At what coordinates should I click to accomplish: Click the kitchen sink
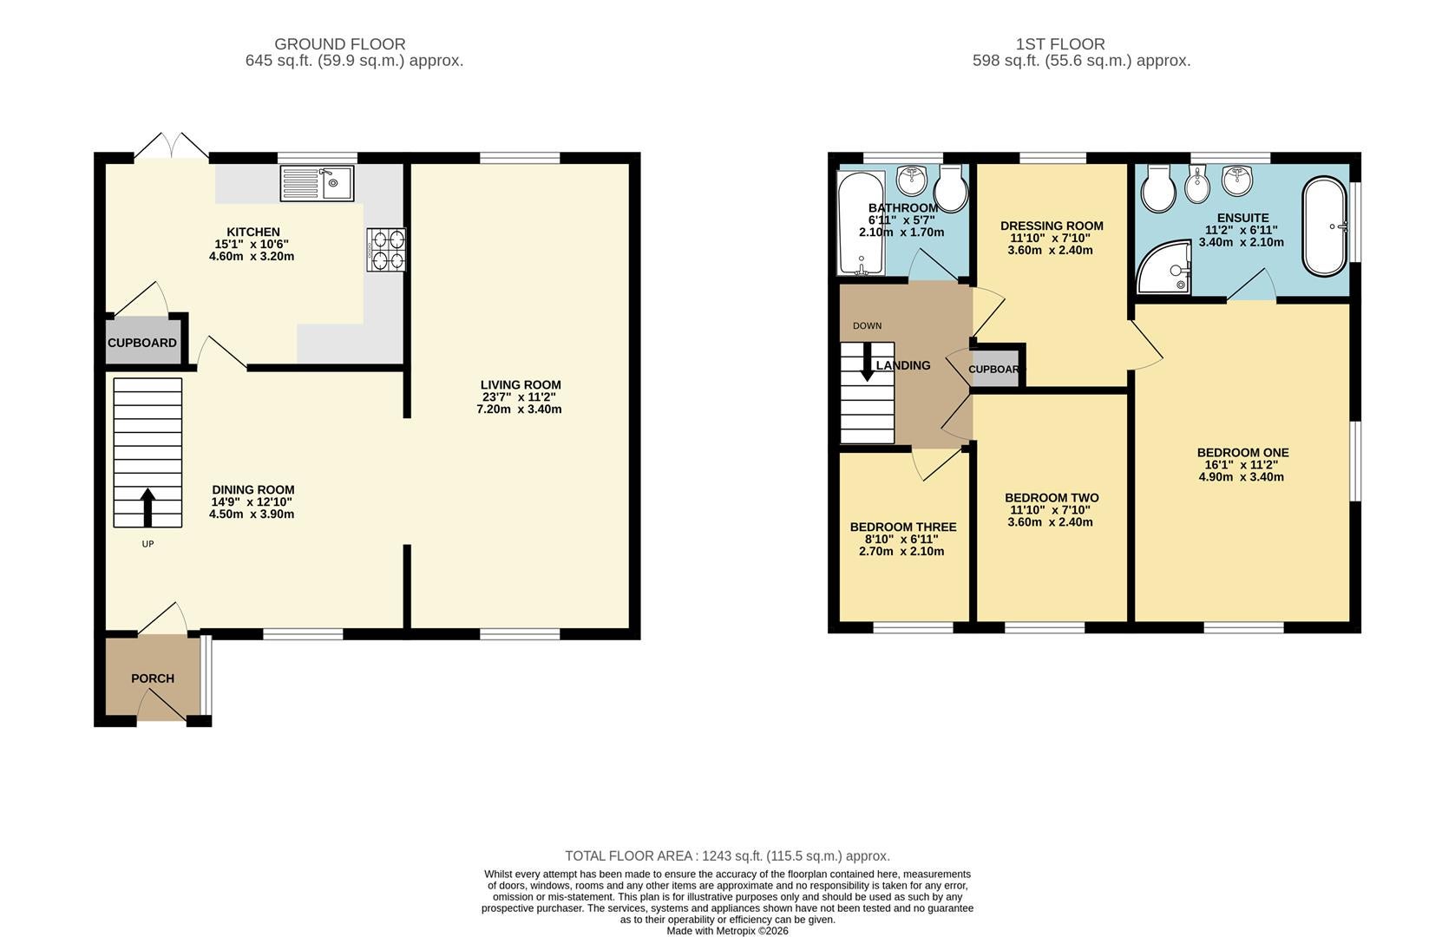317,183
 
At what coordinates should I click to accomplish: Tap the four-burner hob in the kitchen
386,249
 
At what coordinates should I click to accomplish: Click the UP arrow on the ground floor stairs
147,508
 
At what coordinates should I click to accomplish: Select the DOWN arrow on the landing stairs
867,362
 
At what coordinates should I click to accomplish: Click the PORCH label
153,678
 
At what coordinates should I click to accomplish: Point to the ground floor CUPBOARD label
141,343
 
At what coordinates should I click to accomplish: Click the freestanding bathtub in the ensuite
1325,226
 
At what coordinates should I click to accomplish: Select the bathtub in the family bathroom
862,223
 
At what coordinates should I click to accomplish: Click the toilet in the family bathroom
951,188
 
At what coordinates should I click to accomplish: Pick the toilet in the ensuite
1158,189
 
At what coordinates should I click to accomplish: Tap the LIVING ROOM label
521,385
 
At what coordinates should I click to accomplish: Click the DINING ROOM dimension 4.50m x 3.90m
252,514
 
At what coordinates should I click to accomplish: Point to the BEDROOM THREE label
903,527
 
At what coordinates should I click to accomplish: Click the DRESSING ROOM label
1052,226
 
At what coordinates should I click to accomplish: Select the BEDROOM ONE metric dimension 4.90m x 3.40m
1242,477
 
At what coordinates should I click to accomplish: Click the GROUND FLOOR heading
340,44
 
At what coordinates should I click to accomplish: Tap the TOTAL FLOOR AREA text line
727,855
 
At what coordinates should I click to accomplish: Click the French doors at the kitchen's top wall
172,146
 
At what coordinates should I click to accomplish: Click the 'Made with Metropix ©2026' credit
727,931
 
